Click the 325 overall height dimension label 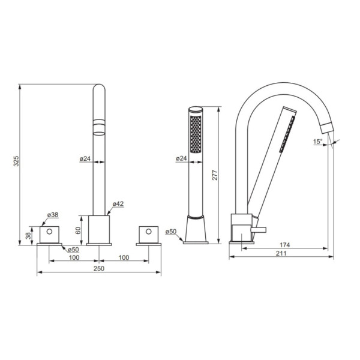16,161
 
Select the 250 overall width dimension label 99,268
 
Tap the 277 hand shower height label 214,175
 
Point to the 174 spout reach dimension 284,245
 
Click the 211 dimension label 281,253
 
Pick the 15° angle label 318,142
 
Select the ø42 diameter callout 118,203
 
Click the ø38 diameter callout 53,215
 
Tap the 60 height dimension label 78,230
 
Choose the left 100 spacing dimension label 74,257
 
